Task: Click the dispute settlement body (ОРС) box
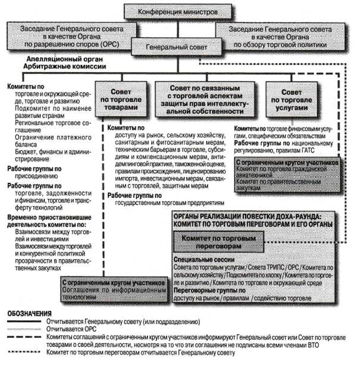pos(72,32)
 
